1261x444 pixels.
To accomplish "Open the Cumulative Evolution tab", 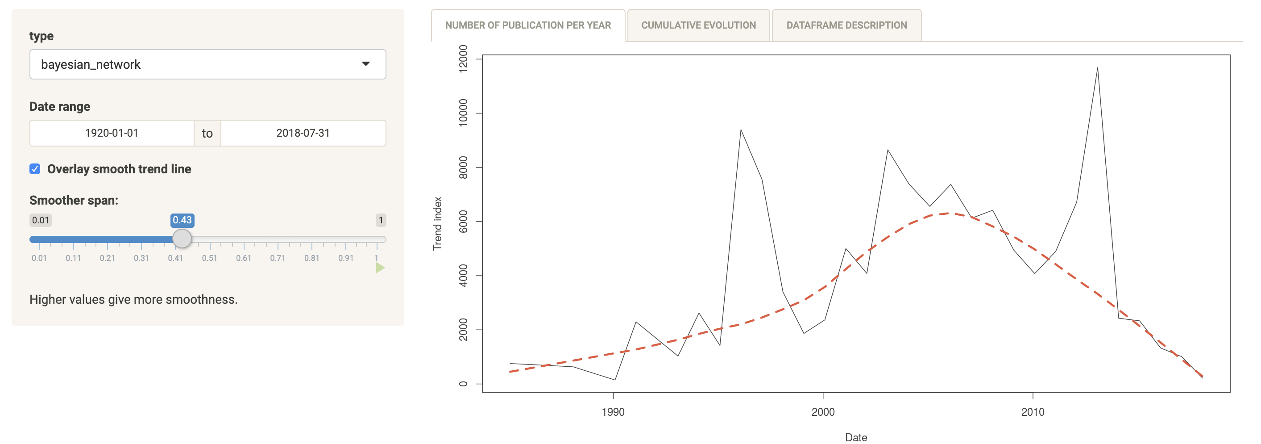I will pyautogui.click(x=698, y=25).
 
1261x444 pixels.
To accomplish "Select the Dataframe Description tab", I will pyautogui.click(x=846, y=25).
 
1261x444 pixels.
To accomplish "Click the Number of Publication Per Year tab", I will pyautogui.click(x=528, y=25).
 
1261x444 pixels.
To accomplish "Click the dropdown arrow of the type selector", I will pyautogui.click(x=365, y=64).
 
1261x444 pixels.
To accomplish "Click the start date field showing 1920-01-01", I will pyautogui.click(x=112, y=133).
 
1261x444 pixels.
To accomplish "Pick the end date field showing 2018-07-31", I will pyautogui.click(x=303, y=133).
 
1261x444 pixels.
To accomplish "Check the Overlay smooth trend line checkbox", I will pyautogui.click(x=35, y=169).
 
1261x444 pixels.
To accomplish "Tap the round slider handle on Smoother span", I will pyautogui.click(x=182, y=239).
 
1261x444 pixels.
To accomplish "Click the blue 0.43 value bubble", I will pyautogui.click(x=182, y=221).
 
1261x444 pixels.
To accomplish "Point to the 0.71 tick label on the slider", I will pyautogui.click(x=278, y=258).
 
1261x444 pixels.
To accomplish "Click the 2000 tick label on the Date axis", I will pyautogui.click(x=823, y=412).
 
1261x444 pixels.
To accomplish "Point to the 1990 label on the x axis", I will pyautogui.click(x=613, y=412).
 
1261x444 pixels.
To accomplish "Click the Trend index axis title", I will pyautogui.click(x=437, y=223).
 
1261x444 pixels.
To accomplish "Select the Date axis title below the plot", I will pyautogui.click(x=856, y=438).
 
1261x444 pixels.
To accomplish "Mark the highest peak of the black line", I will pyautogui.click(x=1098, y=68).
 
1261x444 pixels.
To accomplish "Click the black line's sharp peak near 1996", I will pyautogui.click(x=741, y=130).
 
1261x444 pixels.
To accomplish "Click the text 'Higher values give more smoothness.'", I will pyautogui.click(x=133, y=299).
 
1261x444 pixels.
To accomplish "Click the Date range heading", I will pyautogui.click(x=60, y=107).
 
